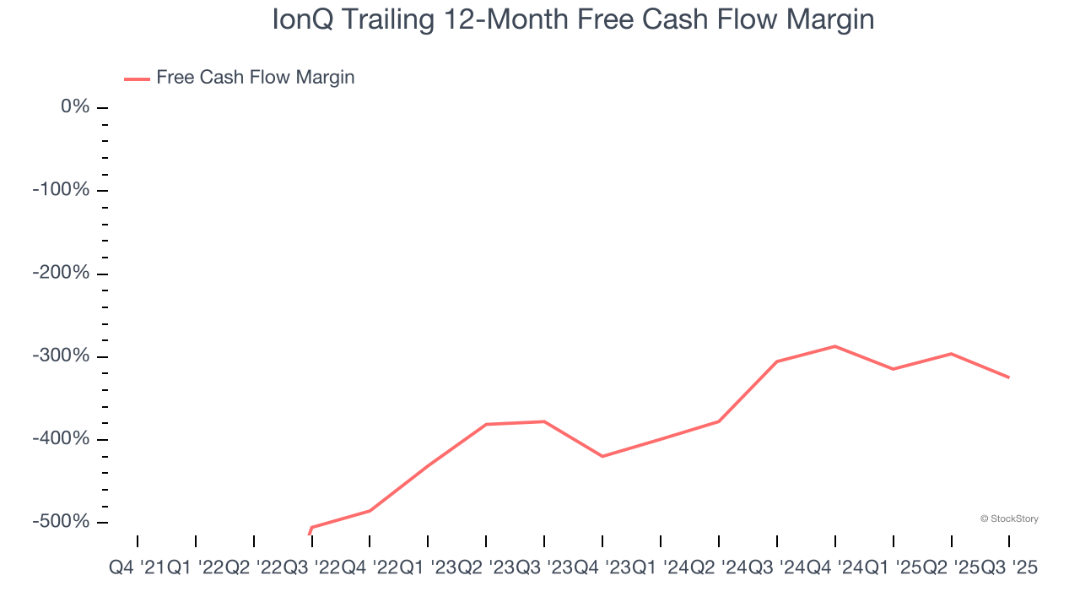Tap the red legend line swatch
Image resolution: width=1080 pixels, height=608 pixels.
tap(137, 79)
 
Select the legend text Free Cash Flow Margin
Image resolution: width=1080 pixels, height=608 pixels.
tap(255, 78)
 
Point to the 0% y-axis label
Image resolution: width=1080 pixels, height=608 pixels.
tap(75, 106)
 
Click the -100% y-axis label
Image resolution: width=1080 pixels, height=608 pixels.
tap(61, 190)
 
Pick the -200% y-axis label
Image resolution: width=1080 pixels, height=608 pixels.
tap(61, 273)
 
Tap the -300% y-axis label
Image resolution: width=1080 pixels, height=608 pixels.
tap(61, 356)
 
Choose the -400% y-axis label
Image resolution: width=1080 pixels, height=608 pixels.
tap(61, 439)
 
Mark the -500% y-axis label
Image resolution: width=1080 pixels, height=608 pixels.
tap(61, 522)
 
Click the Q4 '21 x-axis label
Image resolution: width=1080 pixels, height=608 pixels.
tap(138, 568)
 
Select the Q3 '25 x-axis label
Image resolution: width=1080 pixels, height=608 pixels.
tap(1009, 568)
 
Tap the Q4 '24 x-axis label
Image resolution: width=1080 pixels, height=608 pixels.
tap(835, 568)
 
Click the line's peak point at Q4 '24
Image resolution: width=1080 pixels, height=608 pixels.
tap(835, 346)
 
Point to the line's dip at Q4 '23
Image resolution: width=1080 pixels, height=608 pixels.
tap(602, 456)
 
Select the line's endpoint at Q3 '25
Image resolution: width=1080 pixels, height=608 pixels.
tap(1009, 377)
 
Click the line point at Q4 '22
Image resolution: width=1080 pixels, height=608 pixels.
tap(370, 511)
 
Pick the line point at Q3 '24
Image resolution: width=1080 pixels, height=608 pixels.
tap(777, 361)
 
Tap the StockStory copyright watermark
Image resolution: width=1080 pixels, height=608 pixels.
tap(1009, 518)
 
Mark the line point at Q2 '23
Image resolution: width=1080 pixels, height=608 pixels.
tap(486, 424)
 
